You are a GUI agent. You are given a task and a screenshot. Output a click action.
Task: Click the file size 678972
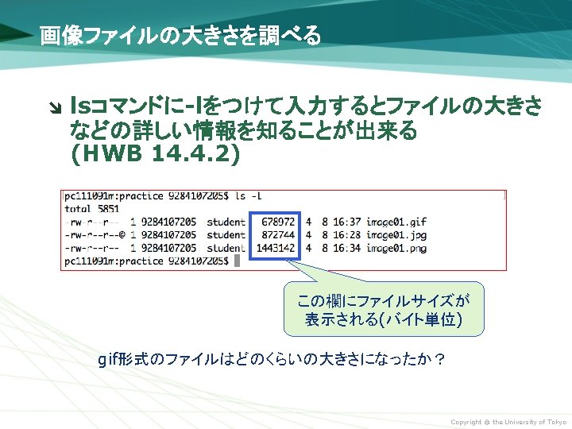278,221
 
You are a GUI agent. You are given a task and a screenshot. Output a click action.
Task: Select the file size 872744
278,234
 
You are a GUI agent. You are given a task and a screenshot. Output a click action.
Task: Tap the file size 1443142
276,248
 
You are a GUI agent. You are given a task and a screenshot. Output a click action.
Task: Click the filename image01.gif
397,221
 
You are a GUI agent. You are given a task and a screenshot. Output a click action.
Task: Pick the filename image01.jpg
397,234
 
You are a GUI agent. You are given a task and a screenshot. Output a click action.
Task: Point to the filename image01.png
397,248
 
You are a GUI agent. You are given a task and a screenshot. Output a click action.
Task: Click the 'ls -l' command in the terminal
249,195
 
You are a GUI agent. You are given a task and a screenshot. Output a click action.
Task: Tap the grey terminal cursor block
236,261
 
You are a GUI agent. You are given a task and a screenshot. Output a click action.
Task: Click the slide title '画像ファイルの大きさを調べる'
180,36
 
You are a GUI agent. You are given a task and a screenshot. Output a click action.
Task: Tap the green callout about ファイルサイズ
384,311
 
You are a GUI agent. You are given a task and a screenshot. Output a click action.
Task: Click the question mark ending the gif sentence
439,360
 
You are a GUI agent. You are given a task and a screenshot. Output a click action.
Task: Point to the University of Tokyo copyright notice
508,422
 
